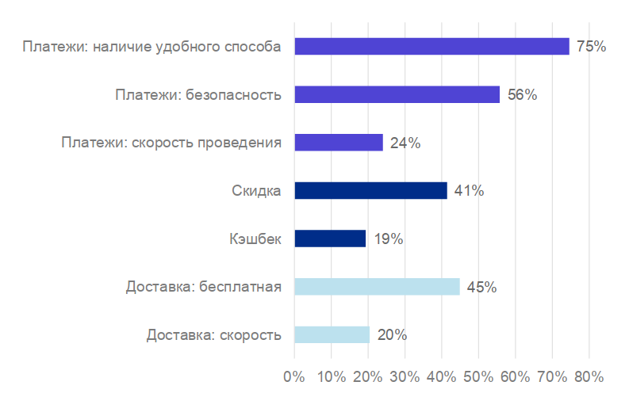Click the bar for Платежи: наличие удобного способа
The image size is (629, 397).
click(x=431, y=47)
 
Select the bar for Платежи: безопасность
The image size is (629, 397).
click(x=397, y=95)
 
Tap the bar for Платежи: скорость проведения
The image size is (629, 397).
click(x=339, y=143)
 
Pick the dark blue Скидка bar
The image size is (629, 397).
click(x=370, y=191)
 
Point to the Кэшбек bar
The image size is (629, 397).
click(x=330, y=239)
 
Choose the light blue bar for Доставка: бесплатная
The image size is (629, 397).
click(x=377, y=287)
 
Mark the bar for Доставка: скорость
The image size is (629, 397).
click(x=332, y=335)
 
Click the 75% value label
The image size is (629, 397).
click(x=591, y=47)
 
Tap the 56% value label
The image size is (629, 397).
click(x=522, y=95)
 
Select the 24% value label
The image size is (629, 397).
click(x=405, y=143)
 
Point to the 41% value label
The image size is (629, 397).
click(x=469, y=191)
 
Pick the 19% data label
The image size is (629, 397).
click(x=388, y=239)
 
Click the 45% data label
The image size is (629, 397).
click(x=481, y=287)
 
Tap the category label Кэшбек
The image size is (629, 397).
click(x=254, y=239)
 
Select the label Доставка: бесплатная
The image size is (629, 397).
click(x=203, y=287)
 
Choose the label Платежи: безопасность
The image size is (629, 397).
click(x=198, y=95)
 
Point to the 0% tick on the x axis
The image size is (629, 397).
click(x=294, y=375)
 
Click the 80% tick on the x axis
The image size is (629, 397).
click(x=589, y=375)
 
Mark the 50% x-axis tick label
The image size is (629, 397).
click(x=478, y=375)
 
